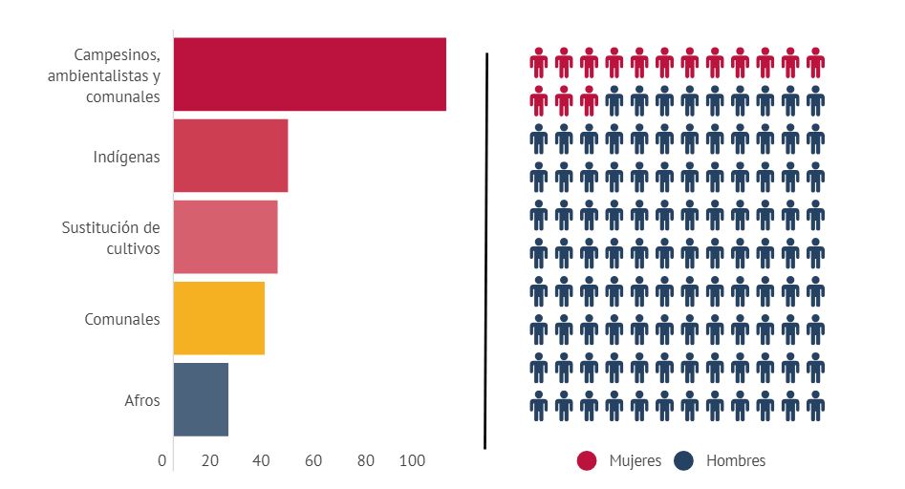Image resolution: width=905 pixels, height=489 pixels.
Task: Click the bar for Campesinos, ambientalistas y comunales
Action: point(310,74)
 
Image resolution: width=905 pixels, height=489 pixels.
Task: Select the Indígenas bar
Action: point(230,157)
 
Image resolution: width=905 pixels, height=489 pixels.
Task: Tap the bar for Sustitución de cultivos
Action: point(226,237)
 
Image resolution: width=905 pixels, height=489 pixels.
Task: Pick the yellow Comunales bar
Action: point(219,319)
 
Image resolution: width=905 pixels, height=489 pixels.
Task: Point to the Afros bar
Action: point(201,399)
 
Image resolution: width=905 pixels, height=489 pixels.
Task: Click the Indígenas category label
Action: point(127,157)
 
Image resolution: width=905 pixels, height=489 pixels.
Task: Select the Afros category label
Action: point(142,400)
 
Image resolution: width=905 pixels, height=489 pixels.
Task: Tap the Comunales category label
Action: point(122,319)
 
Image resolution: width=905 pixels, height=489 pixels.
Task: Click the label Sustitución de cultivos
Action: point(111,238)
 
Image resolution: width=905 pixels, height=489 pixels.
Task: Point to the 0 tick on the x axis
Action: point(162,460)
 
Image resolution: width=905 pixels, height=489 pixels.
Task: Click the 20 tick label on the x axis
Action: point(210,460)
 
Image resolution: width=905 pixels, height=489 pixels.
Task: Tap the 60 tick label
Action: point(313,460)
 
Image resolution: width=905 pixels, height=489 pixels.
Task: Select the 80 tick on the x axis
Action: point(366,460)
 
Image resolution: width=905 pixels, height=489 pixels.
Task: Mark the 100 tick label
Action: point(413,460)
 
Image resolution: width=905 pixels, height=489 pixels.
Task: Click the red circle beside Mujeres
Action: point(587,461)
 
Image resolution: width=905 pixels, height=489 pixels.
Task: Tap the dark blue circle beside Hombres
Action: point(683,461)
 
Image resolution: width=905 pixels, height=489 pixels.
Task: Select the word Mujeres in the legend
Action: point(635,461)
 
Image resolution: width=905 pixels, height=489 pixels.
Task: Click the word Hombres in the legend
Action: point(736,461)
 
